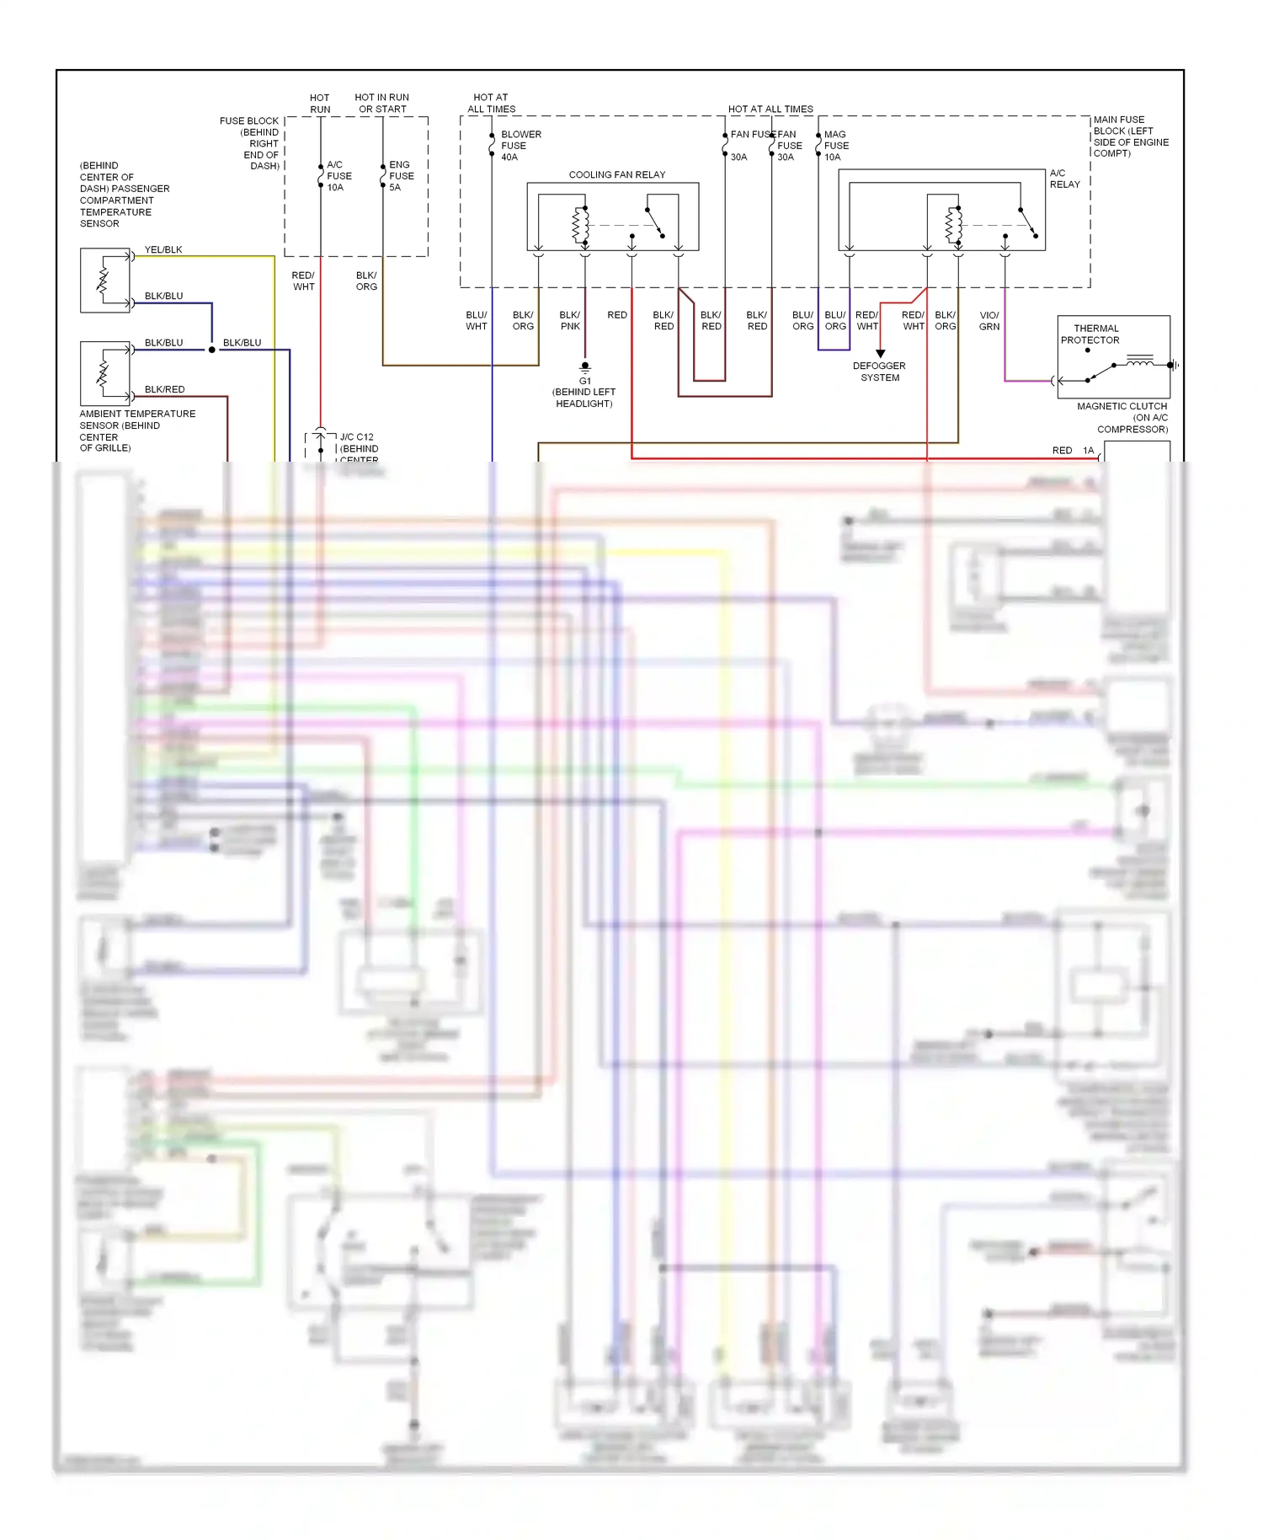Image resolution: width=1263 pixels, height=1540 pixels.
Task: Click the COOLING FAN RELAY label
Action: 616,174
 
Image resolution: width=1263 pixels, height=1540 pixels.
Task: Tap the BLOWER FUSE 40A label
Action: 520,146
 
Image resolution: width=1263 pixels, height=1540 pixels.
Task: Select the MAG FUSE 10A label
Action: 835,146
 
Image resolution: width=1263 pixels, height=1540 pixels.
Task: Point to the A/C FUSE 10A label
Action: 338,176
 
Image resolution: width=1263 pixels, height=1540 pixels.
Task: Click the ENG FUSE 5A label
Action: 401,176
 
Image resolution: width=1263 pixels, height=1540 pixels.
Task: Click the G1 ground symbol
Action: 585,367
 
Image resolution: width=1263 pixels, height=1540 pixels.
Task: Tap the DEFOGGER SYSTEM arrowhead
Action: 880,354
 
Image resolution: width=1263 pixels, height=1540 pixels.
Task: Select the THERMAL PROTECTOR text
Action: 1090,334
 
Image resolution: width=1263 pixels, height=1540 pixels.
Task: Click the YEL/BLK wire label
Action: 163,250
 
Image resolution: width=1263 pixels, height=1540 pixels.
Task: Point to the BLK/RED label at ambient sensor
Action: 164,389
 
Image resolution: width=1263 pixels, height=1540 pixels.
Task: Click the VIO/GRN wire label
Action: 989,321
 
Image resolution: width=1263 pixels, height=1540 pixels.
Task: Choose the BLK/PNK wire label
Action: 570,321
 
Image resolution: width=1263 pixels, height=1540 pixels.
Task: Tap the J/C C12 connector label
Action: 356,437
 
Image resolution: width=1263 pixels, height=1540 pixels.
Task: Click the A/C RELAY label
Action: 1064,179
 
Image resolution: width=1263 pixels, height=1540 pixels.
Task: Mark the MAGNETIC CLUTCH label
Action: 1122,406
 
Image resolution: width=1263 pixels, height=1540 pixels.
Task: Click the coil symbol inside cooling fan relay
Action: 579,225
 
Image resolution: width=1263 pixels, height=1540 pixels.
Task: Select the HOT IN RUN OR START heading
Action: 382,103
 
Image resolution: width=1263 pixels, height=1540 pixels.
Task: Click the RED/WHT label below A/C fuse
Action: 303,281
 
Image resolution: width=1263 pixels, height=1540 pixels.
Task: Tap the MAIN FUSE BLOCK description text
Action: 1130,136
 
